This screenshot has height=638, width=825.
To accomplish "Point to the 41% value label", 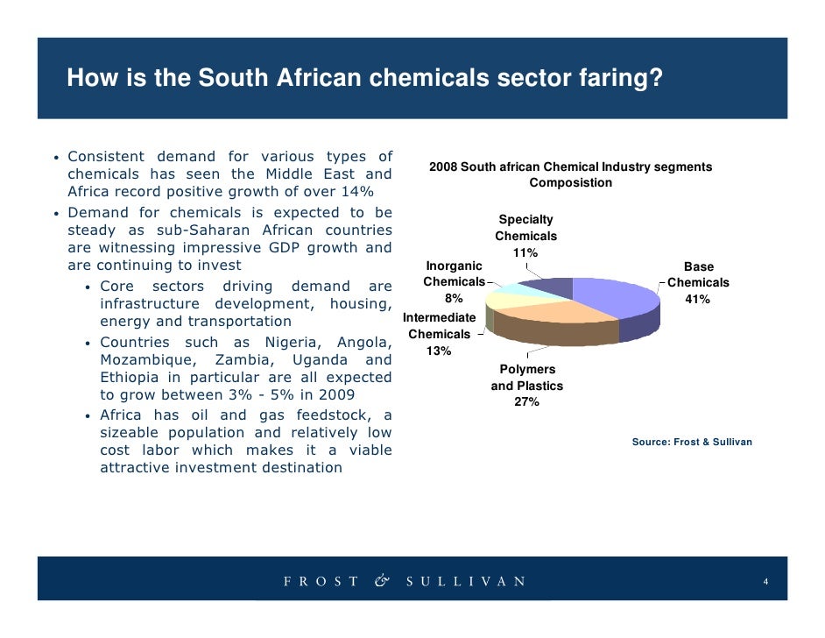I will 698,300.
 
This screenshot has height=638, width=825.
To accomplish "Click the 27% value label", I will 526,402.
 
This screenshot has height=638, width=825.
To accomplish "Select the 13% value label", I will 438,351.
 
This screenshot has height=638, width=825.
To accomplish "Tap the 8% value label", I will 454,298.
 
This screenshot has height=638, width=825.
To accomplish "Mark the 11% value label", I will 525,253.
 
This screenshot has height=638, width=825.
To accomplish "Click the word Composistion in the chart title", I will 570,183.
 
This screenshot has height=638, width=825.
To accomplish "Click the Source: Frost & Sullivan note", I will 692,443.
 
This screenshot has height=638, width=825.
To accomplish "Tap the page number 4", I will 766,582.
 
